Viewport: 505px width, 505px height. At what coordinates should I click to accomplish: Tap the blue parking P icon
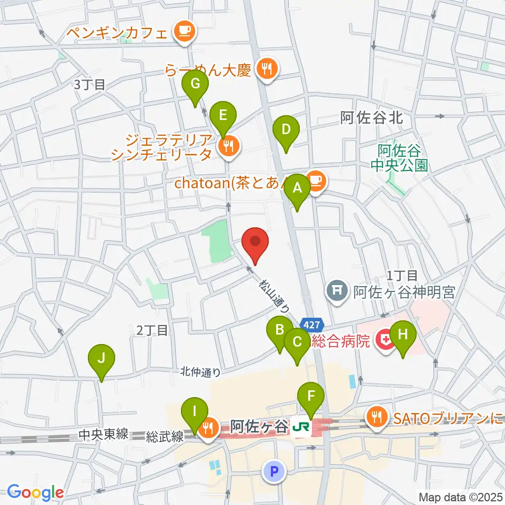pos(273,471)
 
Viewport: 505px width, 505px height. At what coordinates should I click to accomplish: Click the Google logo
pos(35,492)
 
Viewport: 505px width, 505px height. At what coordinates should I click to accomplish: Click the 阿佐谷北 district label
pos(371,118)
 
